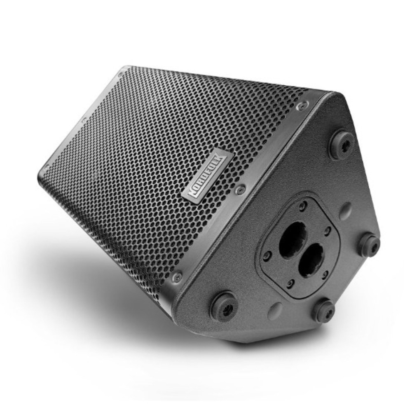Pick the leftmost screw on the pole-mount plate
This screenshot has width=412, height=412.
268,255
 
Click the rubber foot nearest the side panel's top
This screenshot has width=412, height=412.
342,145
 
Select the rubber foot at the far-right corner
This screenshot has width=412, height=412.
370,245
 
